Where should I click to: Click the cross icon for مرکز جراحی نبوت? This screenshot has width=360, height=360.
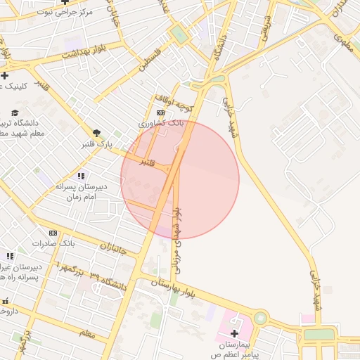(65, 2)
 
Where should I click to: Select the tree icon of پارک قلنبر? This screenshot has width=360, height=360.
(96, 132)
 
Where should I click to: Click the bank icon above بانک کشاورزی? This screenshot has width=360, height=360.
(160, 112)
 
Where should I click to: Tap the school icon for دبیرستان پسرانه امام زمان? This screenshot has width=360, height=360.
(81, 176)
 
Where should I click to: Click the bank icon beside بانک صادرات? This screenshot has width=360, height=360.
(53, 233)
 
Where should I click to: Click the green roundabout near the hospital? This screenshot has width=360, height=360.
(261, 317)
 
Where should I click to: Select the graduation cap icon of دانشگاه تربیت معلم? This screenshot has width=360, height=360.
(15, 113)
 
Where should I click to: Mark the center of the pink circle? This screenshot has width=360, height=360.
(180, 179)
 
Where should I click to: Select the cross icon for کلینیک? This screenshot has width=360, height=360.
(5, 75)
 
